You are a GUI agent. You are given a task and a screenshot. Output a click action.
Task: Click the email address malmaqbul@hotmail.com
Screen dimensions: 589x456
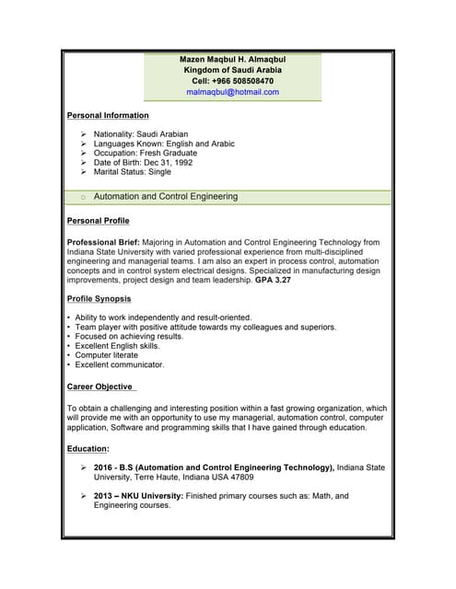(x=232, y=92)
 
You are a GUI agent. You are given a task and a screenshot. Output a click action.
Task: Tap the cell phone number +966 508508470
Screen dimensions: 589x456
(x=232, y=81)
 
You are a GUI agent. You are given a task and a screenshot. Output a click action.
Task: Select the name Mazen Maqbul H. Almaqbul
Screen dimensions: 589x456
(x=232, y=59)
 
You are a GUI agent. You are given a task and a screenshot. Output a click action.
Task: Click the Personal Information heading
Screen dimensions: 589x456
(x=108, y=115)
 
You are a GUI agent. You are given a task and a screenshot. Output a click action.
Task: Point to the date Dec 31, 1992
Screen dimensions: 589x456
(x=175, y=162)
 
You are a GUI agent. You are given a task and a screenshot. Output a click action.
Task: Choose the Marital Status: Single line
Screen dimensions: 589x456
(x=133, y=172)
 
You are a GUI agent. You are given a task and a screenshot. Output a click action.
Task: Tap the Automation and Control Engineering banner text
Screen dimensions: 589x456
(x=166, y=196)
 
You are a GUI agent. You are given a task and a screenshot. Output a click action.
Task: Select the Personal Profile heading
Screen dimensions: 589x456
(x=99, y=221)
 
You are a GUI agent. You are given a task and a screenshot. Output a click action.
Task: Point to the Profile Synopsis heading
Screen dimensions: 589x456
(x=99, y=299)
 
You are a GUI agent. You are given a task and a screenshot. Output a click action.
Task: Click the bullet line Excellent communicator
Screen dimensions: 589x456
(x=120, y=364)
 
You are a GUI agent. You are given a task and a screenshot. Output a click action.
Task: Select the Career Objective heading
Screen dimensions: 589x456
(x=101, y=387)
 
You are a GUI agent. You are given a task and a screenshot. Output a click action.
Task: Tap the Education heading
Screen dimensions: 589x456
(x=88, y=449)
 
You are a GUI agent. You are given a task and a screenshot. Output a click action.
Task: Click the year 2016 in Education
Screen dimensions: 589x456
(x=104, y=468)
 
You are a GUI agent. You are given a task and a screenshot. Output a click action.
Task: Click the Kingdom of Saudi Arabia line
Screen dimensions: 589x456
(x=232, y=70)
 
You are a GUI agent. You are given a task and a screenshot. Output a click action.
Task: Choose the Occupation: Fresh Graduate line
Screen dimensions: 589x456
(x=146, y=153)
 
